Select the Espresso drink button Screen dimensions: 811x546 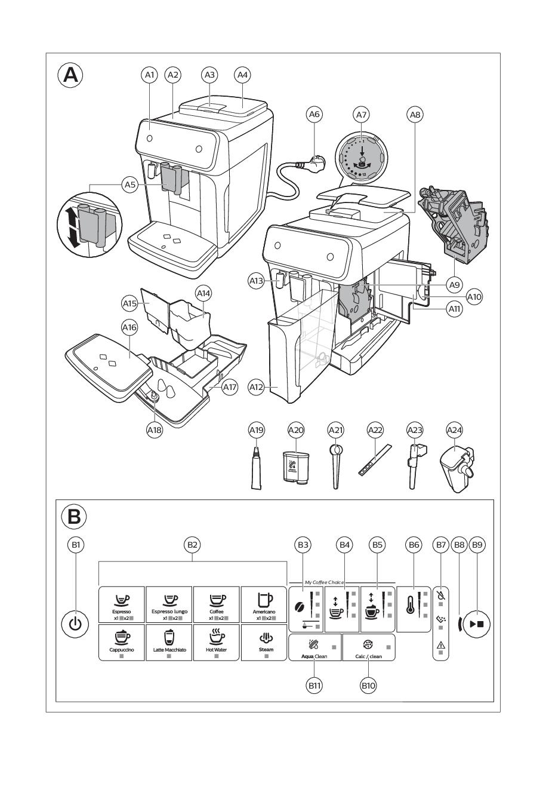click(x=121, y=604)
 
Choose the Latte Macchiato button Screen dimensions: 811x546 click(x=169, y=642)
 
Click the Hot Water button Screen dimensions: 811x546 click(x=217, y=642)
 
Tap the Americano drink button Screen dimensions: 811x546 click(x=264, y=604)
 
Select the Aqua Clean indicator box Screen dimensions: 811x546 click(x=315, y=647)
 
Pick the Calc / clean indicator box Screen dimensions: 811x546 click(x=368, y=647)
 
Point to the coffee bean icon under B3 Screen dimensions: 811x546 click(x=300, y=607)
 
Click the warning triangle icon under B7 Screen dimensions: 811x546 click(x=441, y=644)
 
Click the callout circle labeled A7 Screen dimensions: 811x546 click(x=361, y=113)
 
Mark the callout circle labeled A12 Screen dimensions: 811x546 click(x=257, y=388)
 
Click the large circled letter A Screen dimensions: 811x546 click(x=70, y=75)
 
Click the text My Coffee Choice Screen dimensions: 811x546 click(x=325, y=582)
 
